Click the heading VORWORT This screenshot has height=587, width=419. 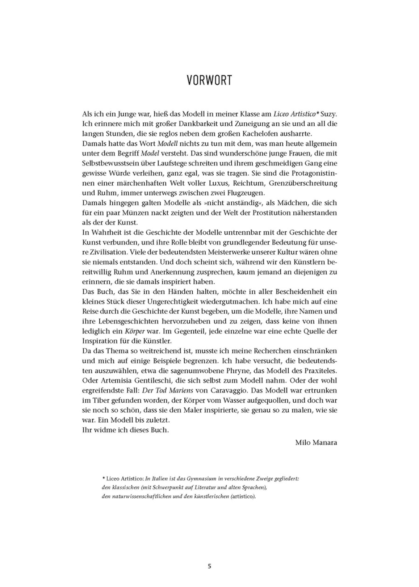pyautogui.click(x=209, y=80)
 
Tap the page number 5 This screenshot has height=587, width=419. pyautogui.click(x=209, y=566)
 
